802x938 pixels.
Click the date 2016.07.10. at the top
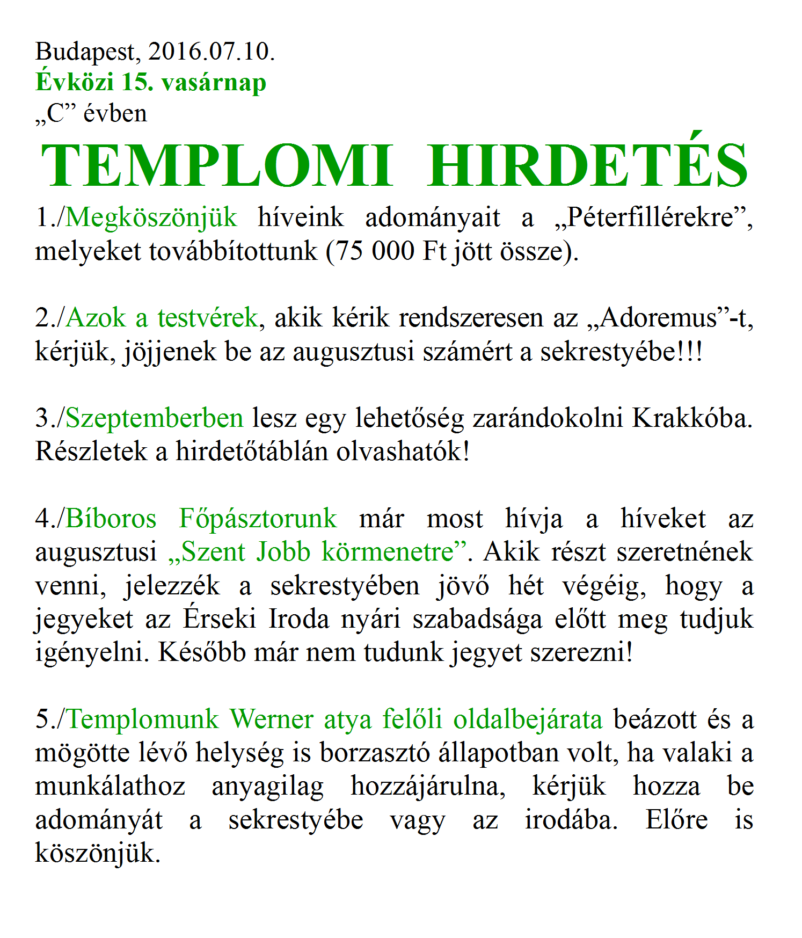click(211, 52)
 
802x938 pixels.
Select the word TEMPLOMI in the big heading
click(217, 165)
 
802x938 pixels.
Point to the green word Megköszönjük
click(151, 218)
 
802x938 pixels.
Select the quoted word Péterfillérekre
click(650, 217)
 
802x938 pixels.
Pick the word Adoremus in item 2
click(659, 318)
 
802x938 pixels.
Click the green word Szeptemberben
click(155, 418)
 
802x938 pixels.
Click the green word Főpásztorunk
click(258, 519)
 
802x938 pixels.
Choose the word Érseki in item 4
click(220, 619)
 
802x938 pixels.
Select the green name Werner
click(272, 719)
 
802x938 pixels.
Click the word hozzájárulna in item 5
click(428, 787)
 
